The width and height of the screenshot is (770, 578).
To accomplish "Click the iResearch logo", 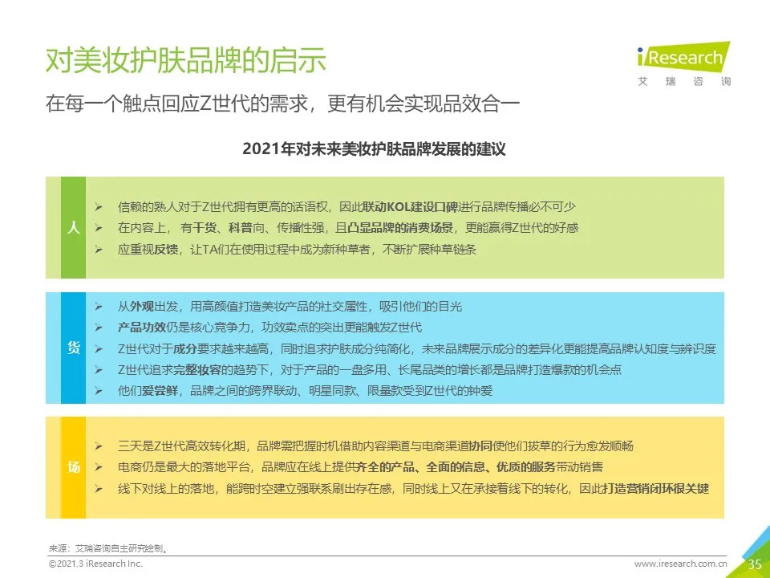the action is [x=683, y=64].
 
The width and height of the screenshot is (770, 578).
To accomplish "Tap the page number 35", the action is [x=754, y=564].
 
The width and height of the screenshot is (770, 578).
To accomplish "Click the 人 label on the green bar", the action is [x=73, y=227].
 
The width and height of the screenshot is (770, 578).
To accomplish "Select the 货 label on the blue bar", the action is [x=73, y=348].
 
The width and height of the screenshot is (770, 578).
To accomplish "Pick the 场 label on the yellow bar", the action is [x=73, y=467].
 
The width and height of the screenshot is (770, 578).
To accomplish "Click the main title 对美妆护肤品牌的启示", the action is [x=185, y=60].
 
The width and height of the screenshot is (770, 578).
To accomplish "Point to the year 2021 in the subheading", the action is [x=261, y=149].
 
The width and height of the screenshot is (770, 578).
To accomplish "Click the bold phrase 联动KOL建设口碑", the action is [x=410, y=207].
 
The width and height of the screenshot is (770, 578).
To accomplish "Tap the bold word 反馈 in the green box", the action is [x=166, y=249].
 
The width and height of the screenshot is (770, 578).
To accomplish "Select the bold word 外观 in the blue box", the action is [x=142, y=307].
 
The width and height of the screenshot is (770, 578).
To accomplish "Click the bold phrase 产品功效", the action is [x=142, y=328].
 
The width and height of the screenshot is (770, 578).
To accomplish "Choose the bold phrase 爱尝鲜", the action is [x=160, y=391].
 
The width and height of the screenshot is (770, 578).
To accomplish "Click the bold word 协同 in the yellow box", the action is [x=480, y=446].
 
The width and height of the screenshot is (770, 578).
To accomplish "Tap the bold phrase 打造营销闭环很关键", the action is [x=656, y=489].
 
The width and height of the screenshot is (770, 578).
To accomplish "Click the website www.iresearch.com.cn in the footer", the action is [x=681, y=564].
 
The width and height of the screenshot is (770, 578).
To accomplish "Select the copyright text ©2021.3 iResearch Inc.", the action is [x=95, y=564].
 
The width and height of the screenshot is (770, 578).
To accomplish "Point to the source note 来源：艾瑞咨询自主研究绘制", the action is [x=108, y=548].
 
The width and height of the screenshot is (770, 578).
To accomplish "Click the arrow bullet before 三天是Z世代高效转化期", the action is [x=99, y=446].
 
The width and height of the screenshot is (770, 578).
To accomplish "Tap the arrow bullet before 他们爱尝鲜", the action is [x=99, y=391].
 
